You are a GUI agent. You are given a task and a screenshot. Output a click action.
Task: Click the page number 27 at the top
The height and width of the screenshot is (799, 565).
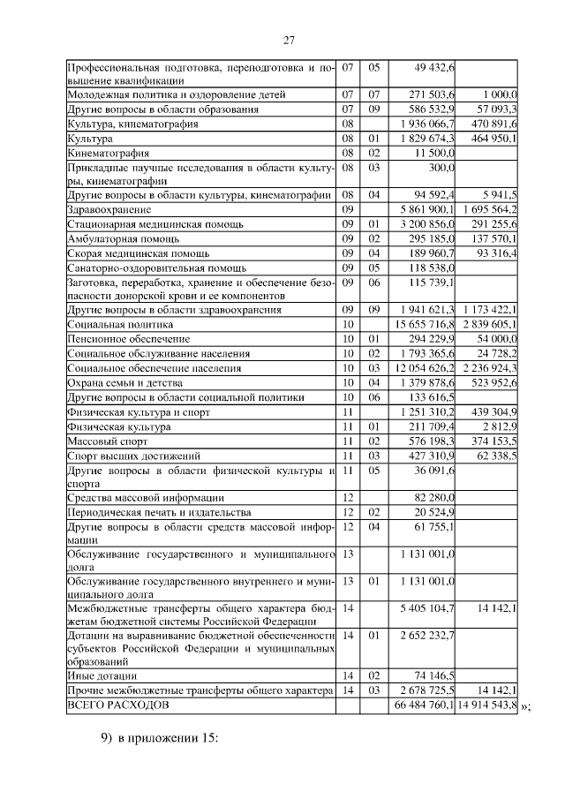pos(288,41)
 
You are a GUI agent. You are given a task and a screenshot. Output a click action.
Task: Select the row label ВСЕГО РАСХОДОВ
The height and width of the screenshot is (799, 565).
pos(116,706)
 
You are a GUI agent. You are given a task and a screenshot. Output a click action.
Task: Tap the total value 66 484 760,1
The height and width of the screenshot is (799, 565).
pos(419,706)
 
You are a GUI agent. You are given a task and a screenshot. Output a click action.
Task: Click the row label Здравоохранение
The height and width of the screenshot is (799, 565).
pos(109,209)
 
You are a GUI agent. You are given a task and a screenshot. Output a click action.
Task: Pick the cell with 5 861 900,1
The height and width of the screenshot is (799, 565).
pos(422,209)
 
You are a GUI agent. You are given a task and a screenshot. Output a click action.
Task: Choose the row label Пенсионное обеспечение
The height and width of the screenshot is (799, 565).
pos(116,339)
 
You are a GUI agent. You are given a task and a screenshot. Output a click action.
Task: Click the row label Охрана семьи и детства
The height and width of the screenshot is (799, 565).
pos(124,382)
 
